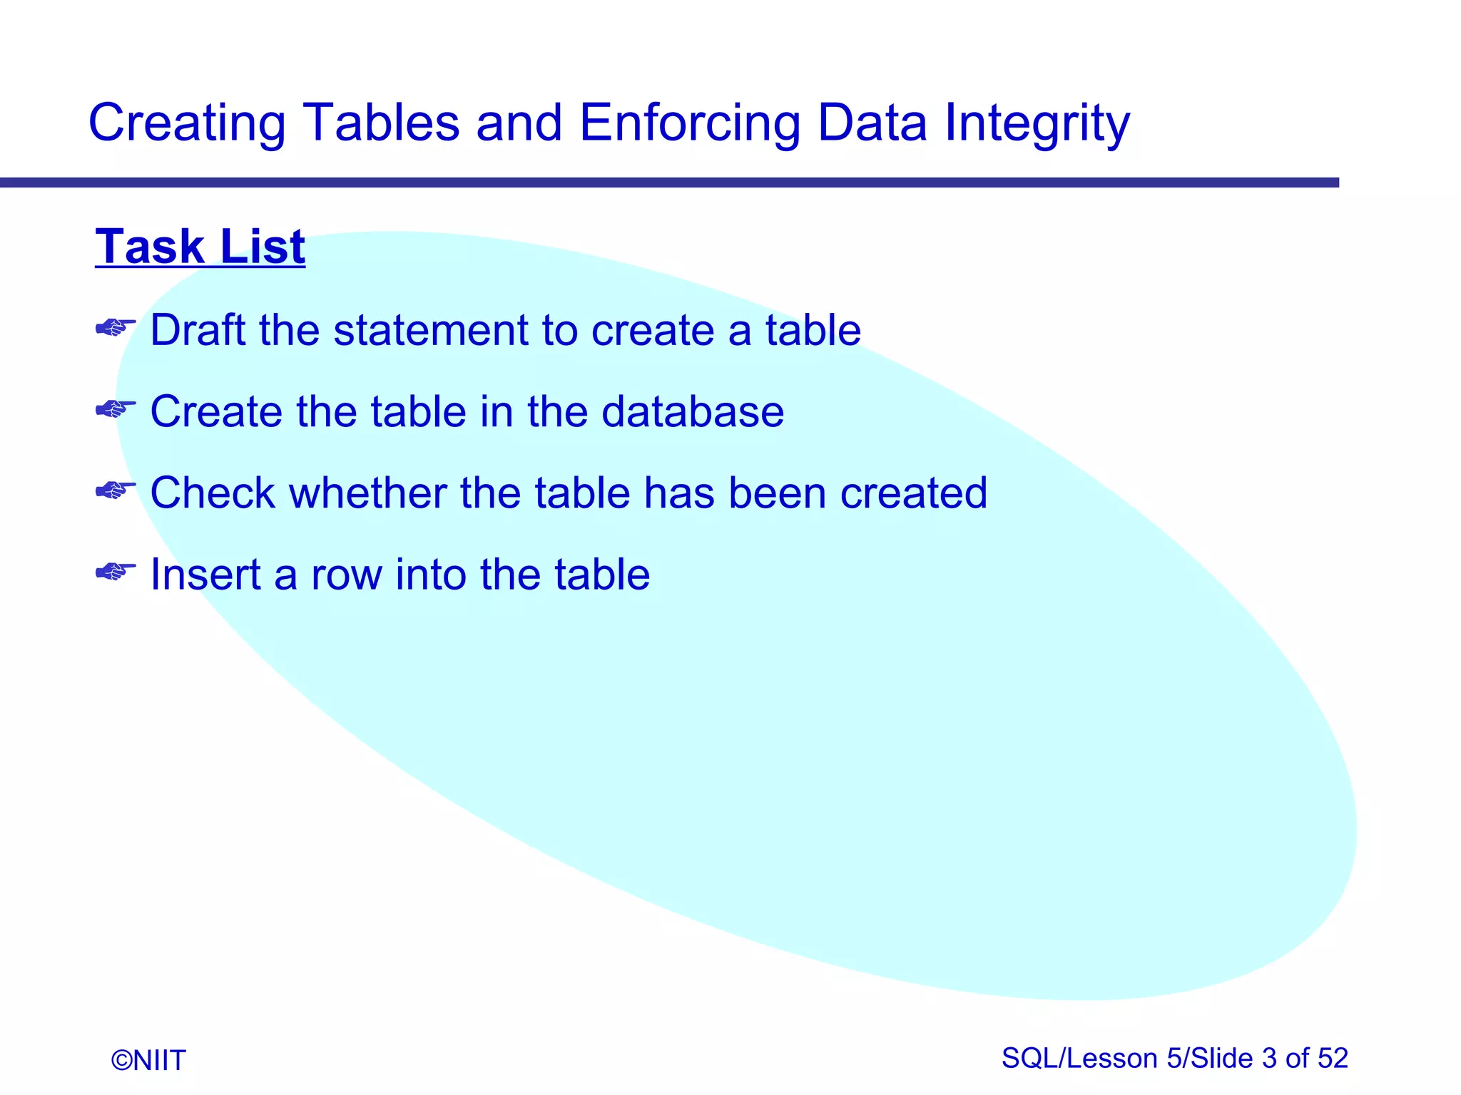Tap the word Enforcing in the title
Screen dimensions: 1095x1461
[x=689, y=123]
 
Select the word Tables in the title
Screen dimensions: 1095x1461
[x=382, y=123]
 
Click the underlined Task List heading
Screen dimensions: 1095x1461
[x=200, y=247]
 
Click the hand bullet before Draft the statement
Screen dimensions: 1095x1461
[x=116, y=328]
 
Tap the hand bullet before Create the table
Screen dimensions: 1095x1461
[x=116, y=409]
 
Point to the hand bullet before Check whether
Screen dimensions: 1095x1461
[x=116, y=490]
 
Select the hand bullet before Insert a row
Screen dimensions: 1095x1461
[x=116, y=572]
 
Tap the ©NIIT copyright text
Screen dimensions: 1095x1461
[x=148, y=1060]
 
